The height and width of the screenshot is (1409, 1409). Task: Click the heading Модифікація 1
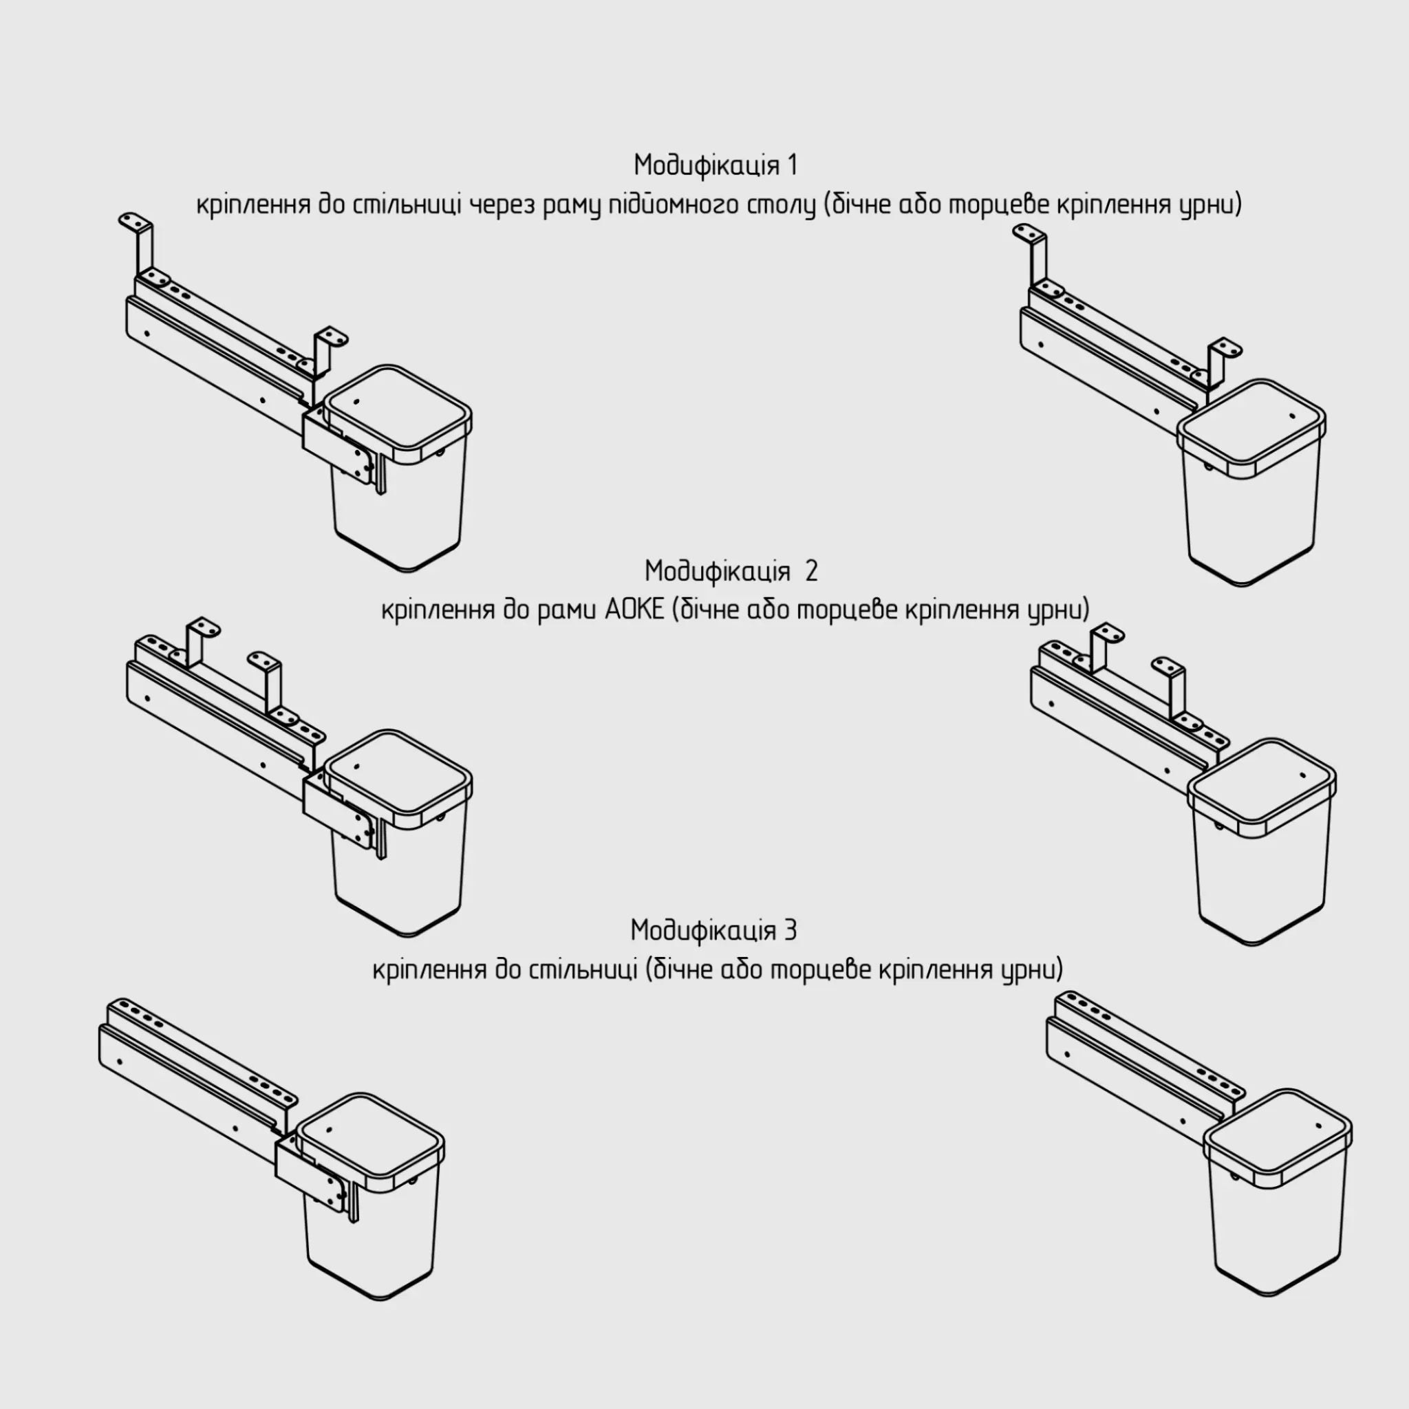coord(716,166)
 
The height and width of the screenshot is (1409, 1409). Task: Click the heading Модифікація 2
coord(731,570)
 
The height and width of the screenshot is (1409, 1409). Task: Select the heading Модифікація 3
coord(713,931)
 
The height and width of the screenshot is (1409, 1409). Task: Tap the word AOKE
coord(634,609)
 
